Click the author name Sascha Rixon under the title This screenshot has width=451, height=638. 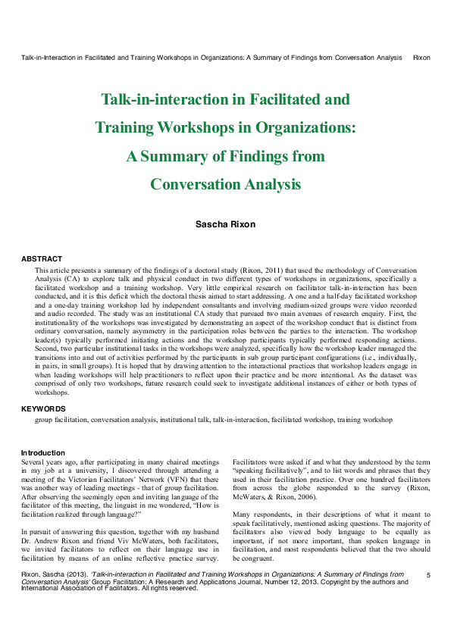[225, 224]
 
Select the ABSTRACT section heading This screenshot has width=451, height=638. [42, 259]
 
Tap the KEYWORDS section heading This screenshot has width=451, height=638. [43, 408]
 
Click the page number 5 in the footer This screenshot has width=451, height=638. [428, 577]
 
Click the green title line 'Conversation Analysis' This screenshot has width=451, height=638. [225, 184]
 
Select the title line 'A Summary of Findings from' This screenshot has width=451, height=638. [225, 156]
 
